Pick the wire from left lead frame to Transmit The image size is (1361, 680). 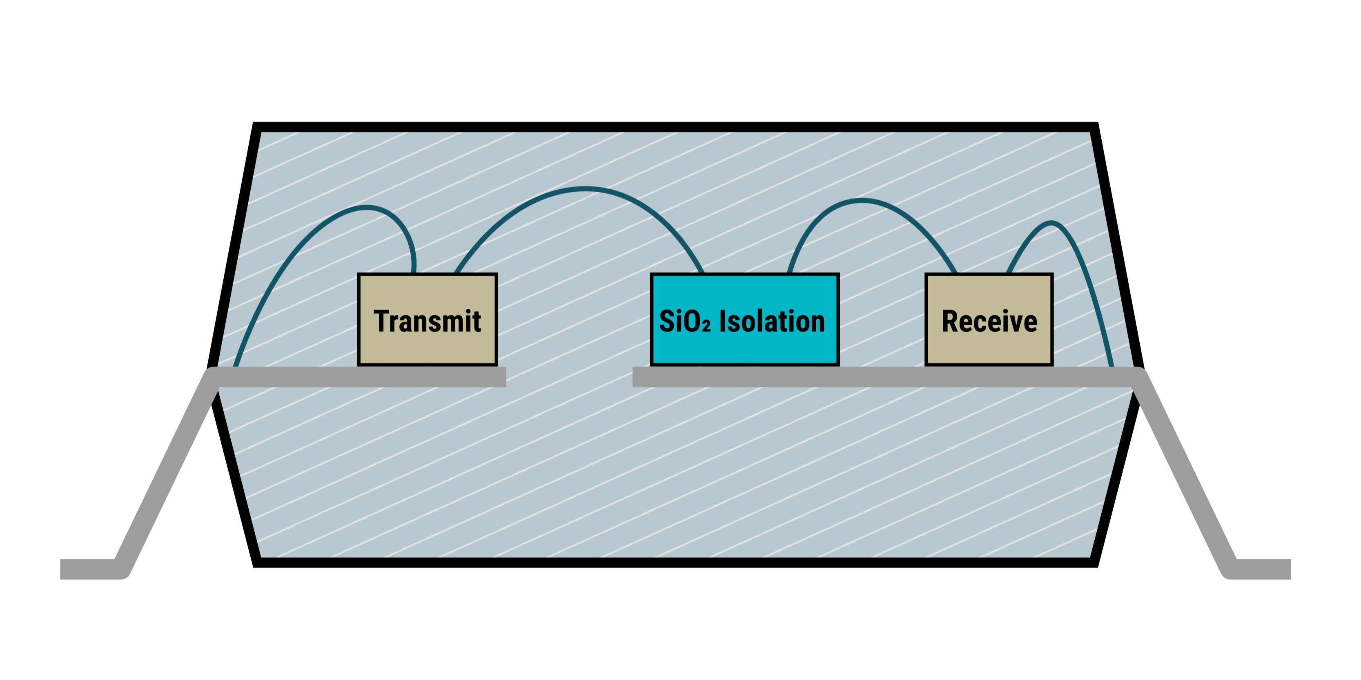click(296, 248)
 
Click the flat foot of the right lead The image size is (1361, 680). click(1263, 569)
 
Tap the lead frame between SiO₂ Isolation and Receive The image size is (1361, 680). click(882, 377)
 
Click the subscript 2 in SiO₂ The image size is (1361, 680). click(706, 326)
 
